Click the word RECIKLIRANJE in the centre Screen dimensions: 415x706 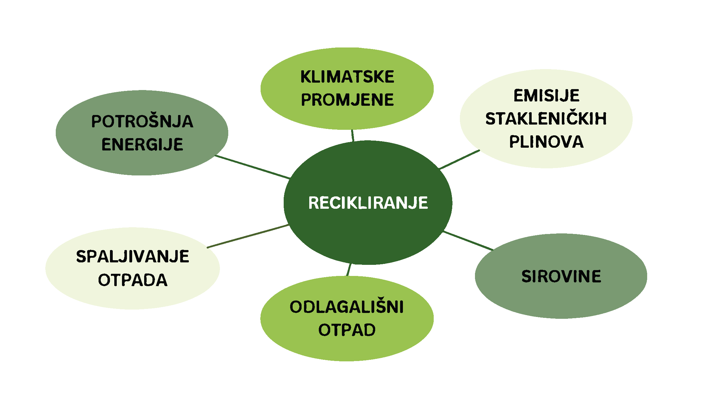(368, 203)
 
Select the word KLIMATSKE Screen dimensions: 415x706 (347, 77)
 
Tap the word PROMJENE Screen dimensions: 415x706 (347, 100)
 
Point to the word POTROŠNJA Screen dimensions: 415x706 (142, 121)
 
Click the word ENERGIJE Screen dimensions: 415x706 (142, 144)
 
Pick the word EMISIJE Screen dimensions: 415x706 (546, 95)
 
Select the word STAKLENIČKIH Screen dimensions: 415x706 (546, 119)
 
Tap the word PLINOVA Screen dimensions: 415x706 (546, 142)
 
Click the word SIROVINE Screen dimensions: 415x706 (561, 276)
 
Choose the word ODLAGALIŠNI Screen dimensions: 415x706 (347, 307)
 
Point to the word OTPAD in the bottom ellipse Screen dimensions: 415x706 (347, 330)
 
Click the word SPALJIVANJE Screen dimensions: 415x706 (132, 257)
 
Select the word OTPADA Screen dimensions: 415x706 (132, 280)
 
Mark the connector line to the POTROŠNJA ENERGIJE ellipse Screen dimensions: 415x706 (252, 167)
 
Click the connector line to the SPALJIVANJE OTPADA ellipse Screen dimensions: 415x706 (248, 236)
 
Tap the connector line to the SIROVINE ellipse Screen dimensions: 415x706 (468, 240)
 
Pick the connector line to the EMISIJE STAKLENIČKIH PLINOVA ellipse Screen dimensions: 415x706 (460, 160)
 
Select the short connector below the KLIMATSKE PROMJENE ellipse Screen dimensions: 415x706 (353, 135)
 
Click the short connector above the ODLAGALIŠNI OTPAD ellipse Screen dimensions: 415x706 (349, 270)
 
